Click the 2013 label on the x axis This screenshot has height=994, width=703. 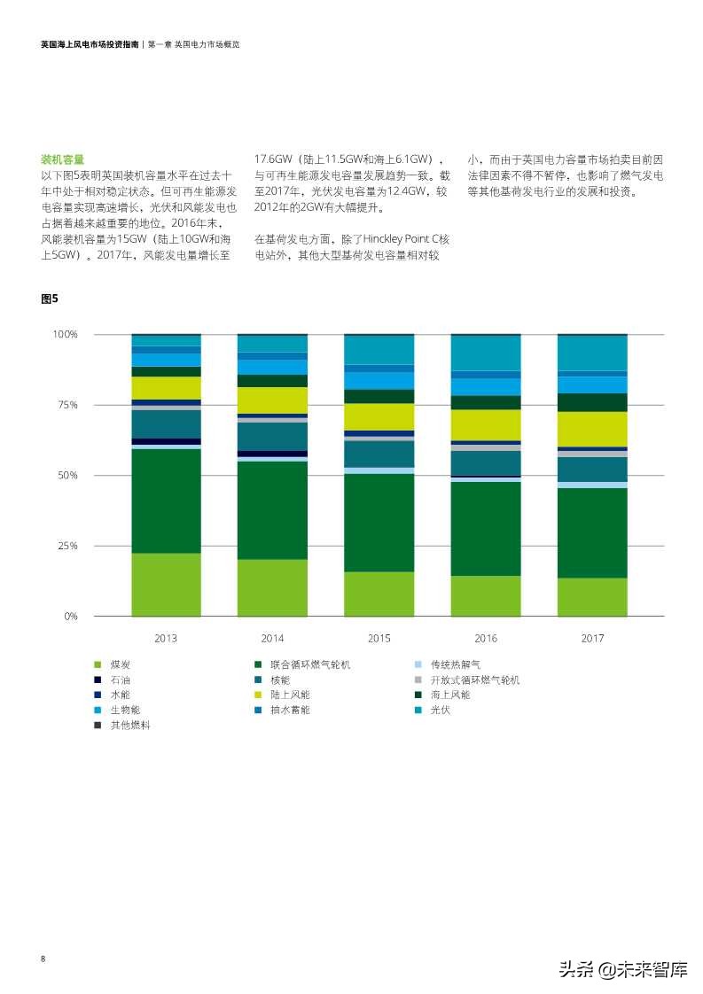(166, 638)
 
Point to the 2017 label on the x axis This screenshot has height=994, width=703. (592, 638)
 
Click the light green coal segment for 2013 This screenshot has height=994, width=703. (166, 585)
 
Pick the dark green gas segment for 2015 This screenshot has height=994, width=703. (379, 523)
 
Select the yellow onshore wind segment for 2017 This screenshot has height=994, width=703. (592, 429)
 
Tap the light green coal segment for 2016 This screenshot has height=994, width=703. (486, 595)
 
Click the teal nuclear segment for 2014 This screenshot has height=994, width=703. (272, 436)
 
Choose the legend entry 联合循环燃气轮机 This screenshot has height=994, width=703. (310, 664)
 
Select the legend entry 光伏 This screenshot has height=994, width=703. (440, 710)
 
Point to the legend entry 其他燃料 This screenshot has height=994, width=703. (129, 725)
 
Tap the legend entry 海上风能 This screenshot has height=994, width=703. (450, 695)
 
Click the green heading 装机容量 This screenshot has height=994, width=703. (62, 159)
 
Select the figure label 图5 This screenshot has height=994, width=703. (49, 299)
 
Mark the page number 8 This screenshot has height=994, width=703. (43, 959)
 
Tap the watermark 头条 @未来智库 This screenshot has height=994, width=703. (622, 969)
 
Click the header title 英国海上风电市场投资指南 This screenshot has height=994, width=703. (89, 43)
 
